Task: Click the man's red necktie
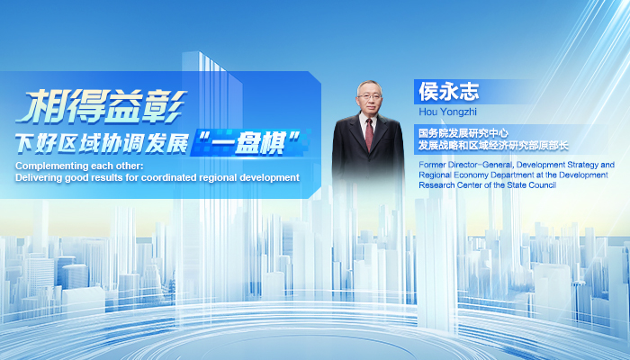369,134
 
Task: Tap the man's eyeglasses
370,97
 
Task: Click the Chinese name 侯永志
449,91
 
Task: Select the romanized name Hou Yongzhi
447,112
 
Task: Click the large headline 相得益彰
101,106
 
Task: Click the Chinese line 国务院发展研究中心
463,133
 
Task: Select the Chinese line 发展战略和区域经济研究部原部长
493,146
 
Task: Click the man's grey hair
369,85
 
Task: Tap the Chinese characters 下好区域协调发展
102,143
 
